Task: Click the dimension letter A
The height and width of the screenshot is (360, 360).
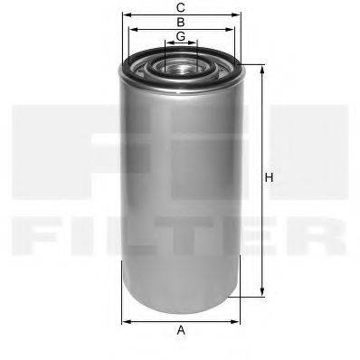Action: pos(181,330)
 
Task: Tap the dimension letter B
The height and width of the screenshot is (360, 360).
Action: pos(181,21)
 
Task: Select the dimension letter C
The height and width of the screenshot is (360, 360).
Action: pos(181,7)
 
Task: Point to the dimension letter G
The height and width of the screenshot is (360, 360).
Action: pos(181,36)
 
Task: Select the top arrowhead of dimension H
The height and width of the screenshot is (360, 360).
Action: pos(262,68)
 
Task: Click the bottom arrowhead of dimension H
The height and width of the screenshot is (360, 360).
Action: pos(262,292)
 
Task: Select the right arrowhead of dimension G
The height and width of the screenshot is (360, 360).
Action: pos(196,43)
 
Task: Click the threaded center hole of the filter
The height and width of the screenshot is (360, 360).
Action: pos(181,65)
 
